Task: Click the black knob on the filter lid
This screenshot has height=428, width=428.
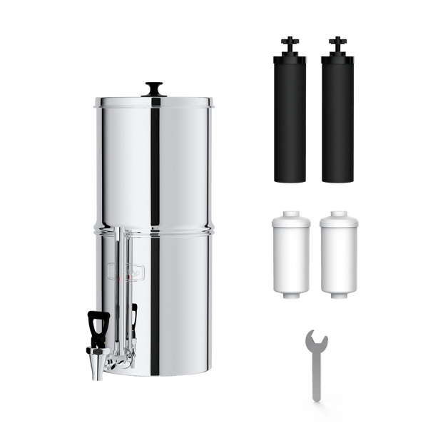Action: (x=153, y=89)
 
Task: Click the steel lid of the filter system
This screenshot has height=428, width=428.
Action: (x=153, y=102)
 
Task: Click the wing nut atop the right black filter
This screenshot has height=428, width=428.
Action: (x=336, y=41)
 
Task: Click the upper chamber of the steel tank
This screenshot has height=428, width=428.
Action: (x=153, y=164)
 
